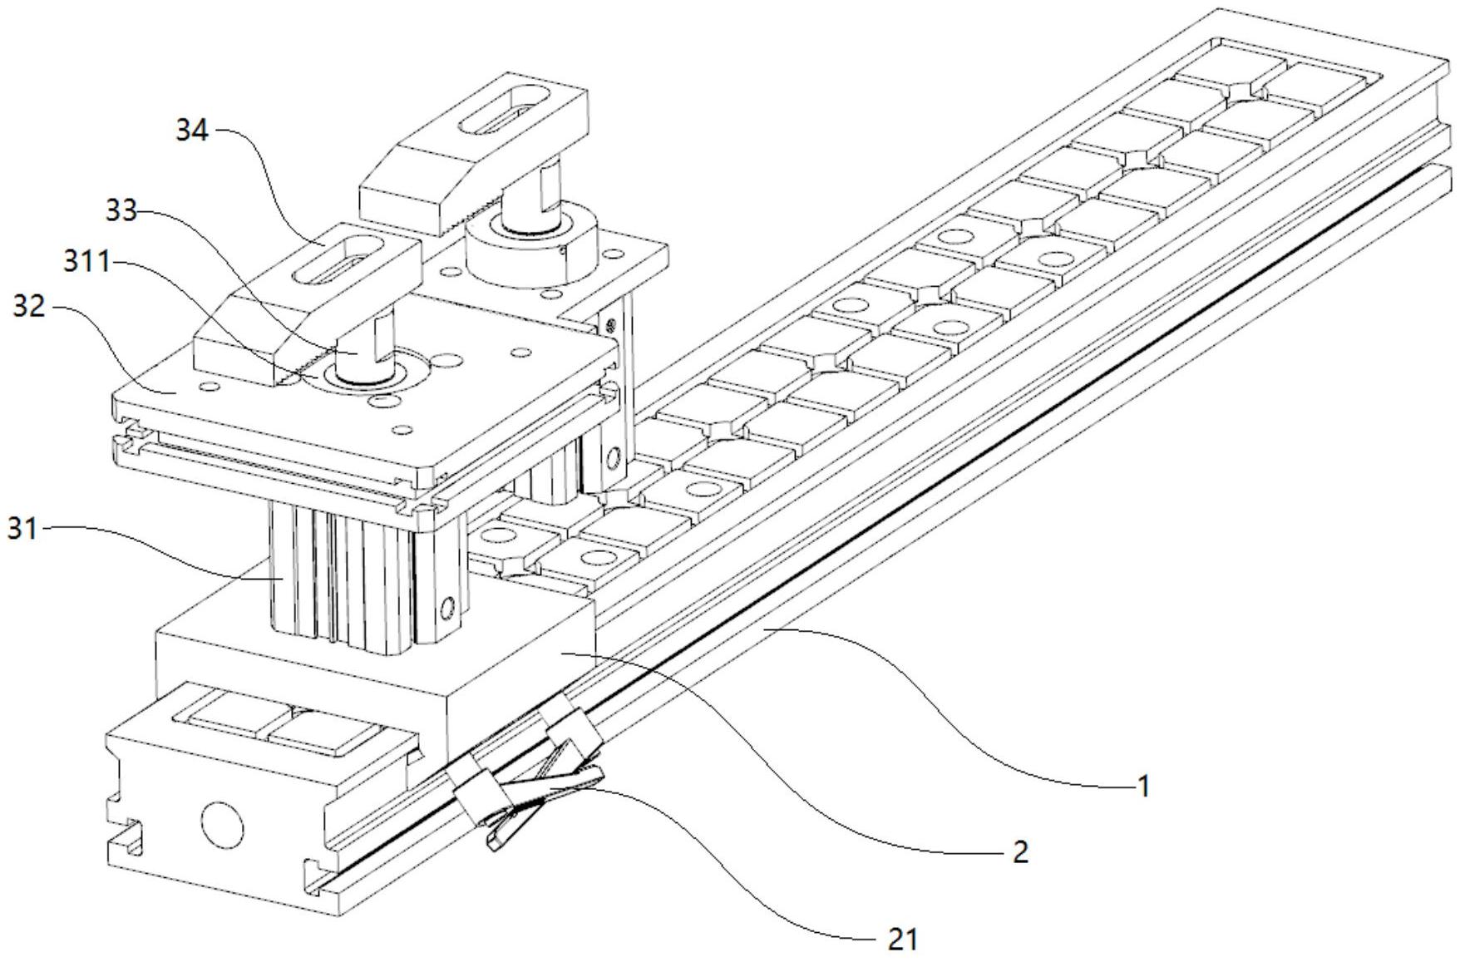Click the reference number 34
(191, 130)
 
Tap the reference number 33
(121, 210)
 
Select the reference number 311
(86, 263)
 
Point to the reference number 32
(29, 307)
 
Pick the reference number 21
(902, 940)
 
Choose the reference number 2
(1019, 851)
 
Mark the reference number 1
(1143, 785)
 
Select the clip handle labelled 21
(549, 790)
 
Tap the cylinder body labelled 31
(341, 574)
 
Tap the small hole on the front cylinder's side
(449, 606)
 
